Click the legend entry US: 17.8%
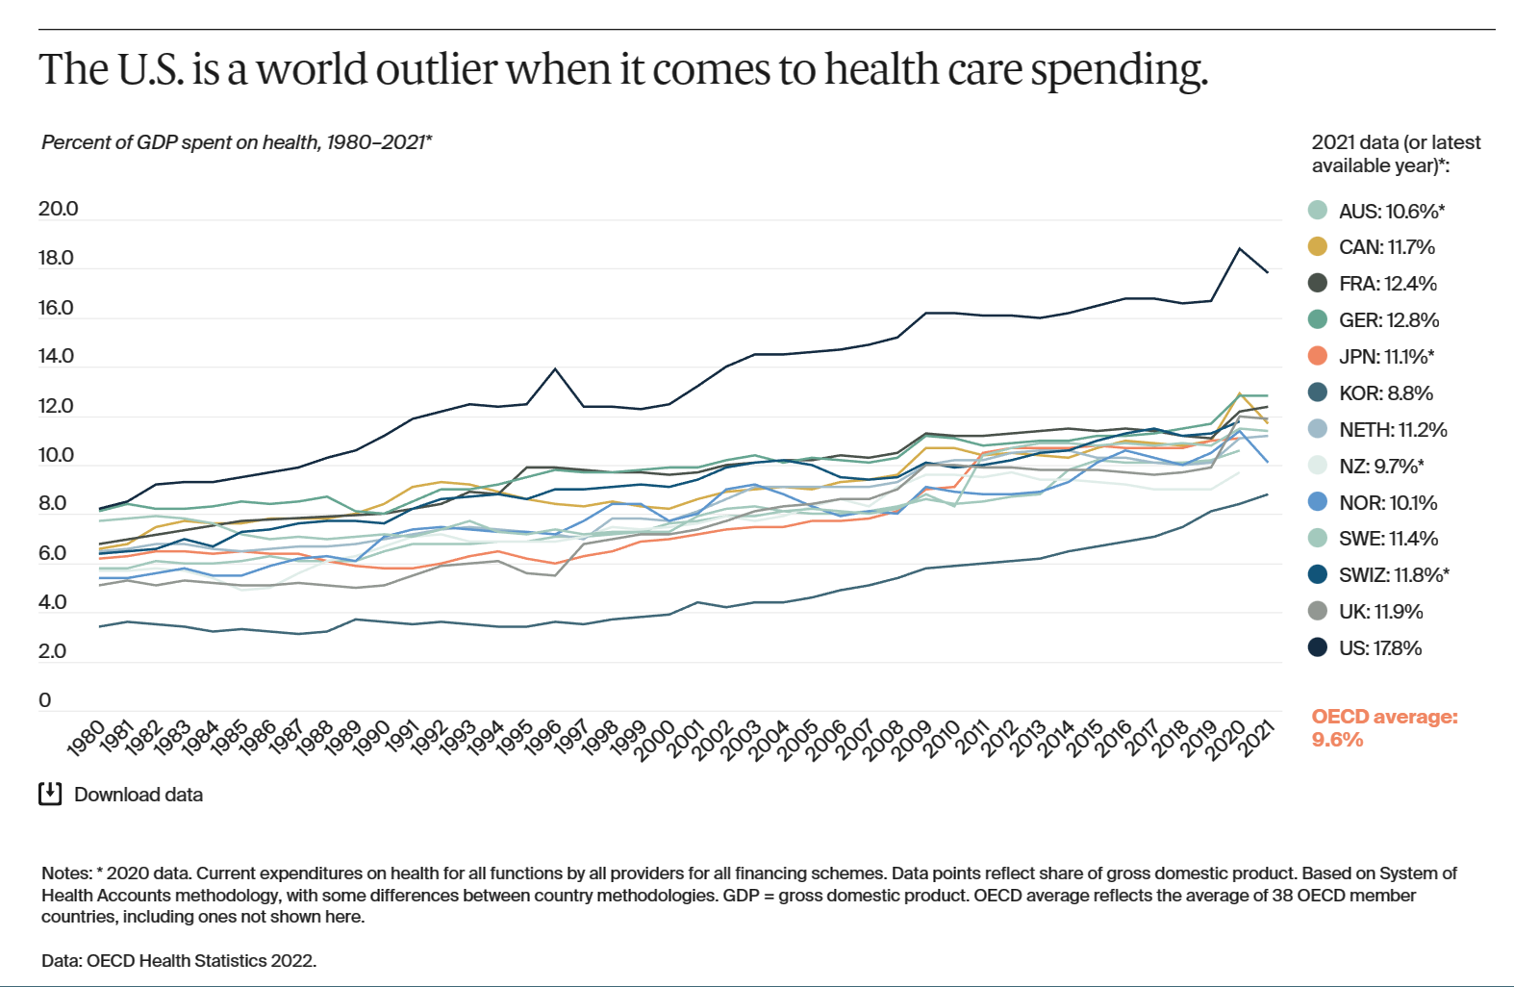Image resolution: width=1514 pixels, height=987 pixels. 1379,648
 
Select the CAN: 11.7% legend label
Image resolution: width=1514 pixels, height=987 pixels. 1386,247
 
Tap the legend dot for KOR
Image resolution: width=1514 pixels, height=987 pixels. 1318,392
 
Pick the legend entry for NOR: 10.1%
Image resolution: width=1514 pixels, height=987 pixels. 1387,502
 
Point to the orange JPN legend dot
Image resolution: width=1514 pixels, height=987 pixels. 1318,356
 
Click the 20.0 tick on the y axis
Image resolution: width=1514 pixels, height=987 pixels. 58,209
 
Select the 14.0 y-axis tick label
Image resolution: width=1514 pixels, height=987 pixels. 56,356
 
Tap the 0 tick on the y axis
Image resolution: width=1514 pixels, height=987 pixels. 44,700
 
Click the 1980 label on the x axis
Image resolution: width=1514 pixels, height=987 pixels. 87,739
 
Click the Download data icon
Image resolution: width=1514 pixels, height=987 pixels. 50,794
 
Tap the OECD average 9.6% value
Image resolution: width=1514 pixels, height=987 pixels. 1337,740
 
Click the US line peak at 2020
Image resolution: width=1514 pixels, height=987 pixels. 1240,248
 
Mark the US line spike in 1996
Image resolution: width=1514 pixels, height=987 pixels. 555,368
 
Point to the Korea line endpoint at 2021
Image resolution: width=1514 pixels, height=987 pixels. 1268,494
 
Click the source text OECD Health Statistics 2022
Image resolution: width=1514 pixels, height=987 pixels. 201,960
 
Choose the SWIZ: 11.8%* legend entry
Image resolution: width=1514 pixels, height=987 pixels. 1393,575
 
